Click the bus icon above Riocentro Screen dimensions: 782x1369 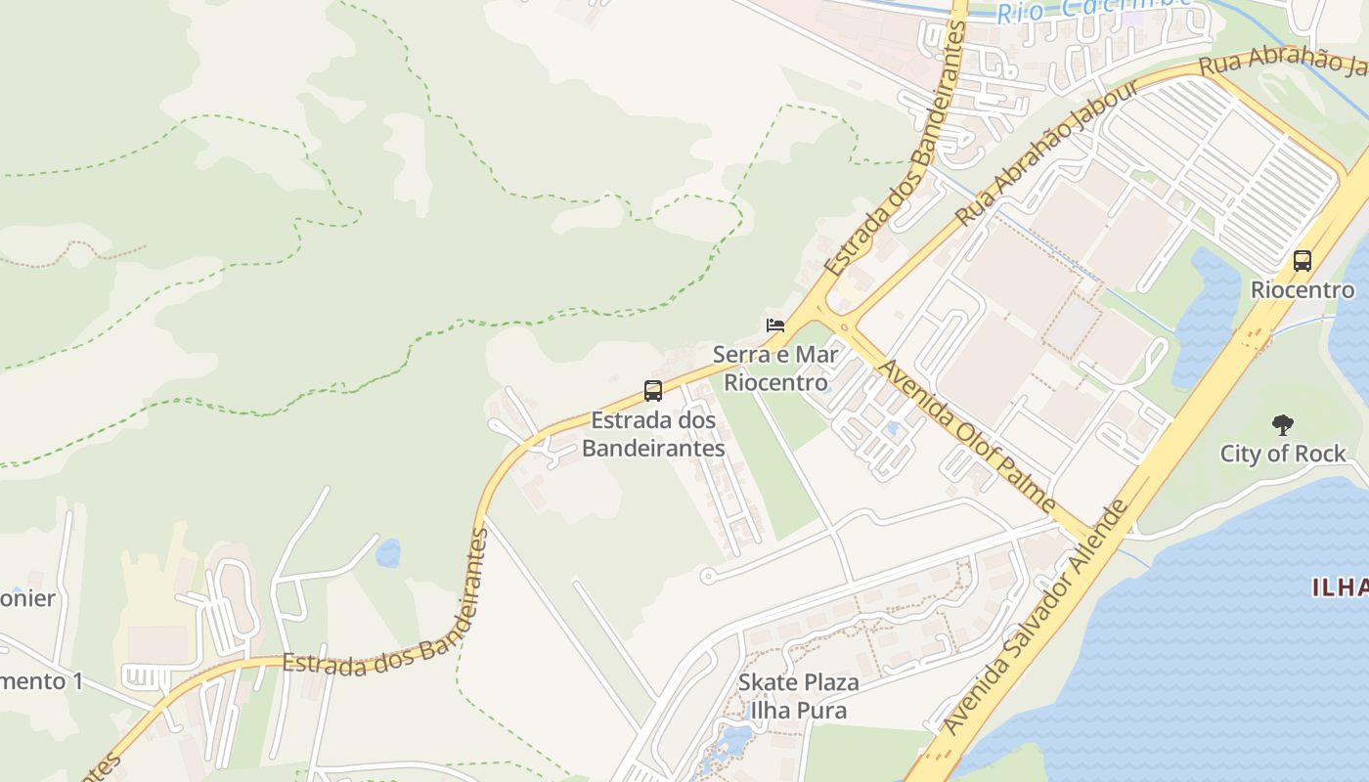click(x=1302, y=261)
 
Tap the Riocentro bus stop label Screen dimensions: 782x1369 click(x=1303, y=290)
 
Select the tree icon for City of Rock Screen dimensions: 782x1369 click(x=1282, y=425)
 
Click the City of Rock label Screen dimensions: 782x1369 click(x=1282, y=454)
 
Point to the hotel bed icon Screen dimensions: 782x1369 click(x=775, y=325)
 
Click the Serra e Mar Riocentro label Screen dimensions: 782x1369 click(x=775, y=368)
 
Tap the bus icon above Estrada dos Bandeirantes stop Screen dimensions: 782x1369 click(x=653, y=391)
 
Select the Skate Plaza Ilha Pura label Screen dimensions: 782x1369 click(x=799, y=696)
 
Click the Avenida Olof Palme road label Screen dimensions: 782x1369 click(x=968, y=437)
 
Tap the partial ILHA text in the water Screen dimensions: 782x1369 click(x=1341, y=587)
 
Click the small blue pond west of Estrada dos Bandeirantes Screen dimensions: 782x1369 click(x=388, y=553)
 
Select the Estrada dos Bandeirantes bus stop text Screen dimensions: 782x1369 click(x=653, y=434)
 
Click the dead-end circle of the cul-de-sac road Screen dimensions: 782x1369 click(x=708, y=576)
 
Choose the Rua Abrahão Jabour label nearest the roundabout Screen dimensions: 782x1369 click(x=1046, y=153)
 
